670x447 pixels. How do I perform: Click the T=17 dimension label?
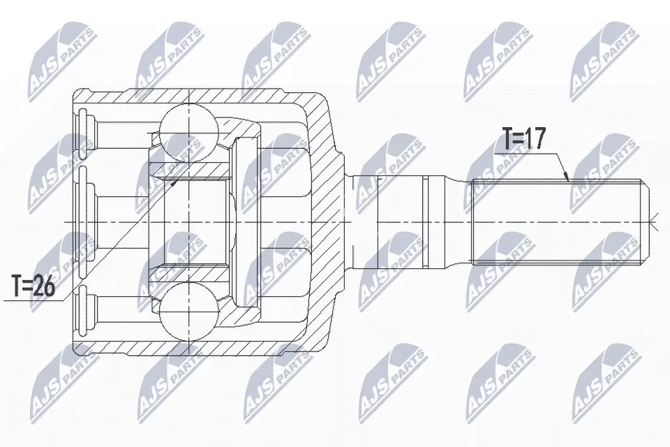524,139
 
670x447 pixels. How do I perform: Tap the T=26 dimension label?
33,286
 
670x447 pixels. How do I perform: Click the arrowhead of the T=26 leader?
174,183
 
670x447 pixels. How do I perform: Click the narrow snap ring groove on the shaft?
424,222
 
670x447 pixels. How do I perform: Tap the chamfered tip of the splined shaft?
647,222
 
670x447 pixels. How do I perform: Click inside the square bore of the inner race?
195,222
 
